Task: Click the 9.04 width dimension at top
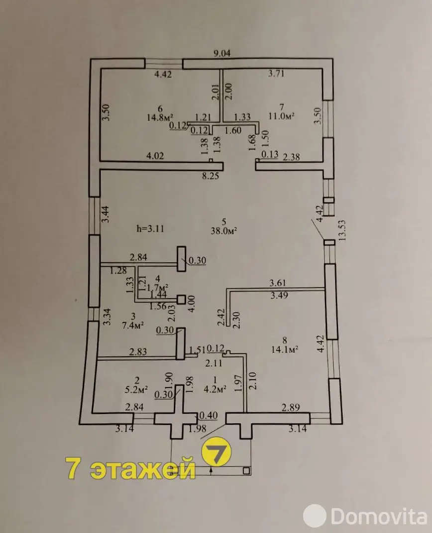tap(221, 53)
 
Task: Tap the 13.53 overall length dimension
tap(342, 230)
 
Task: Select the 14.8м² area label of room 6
tap(159, 117)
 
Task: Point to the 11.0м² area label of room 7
tap(281, 116)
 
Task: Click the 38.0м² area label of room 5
tap(223, 230)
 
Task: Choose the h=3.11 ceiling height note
tap(150, 229)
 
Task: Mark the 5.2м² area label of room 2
tap(136, 390)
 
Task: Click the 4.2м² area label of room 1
tap(215, 389)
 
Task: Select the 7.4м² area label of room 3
tap(133, 325)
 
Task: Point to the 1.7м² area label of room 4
tap(157, 287)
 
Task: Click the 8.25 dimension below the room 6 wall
tap(211, 176)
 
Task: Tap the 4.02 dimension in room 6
tap(155, 156)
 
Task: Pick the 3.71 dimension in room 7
tap(276, 73)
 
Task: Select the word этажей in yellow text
tap(143, 468)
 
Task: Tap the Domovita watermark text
tap(379, 517)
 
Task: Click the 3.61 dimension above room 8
tap(278, 283)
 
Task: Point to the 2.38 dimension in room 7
tap(292, 157)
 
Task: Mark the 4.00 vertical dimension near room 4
tap(192, 304)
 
